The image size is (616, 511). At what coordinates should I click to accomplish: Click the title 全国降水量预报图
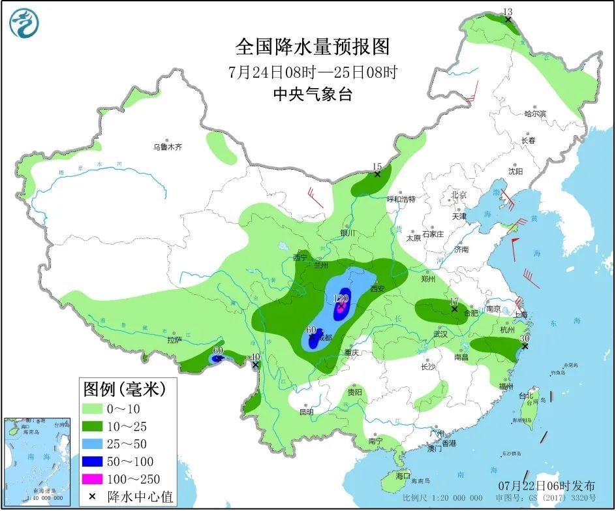(x=313, y=47)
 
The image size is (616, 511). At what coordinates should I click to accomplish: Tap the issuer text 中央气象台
(x=313, y=94)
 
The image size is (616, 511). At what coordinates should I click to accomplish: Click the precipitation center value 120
(x=341, y=298)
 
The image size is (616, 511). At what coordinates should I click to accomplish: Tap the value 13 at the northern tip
(x=508, y=11)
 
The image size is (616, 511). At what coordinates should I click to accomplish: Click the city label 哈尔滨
(x=534, y=114)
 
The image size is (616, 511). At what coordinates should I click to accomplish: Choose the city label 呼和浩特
(x=401, y=198)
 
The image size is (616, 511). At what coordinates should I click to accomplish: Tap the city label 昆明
(x=306, y=412)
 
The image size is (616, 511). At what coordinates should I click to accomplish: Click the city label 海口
(x=403, y=476)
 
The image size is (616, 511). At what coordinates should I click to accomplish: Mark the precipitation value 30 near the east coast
(x=524, y=339)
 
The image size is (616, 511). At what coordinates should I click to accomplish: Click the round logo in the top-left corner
(x=24, y=24)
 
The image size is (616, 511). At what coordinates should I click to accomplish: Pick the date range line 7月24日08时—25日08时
(x=313, y=71)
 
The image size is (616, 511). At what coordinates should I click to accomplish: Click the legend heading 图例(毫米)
(x=124, y=390)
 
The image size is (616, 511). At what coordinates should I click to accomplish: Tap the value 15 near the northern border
(x=377, y=166)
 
